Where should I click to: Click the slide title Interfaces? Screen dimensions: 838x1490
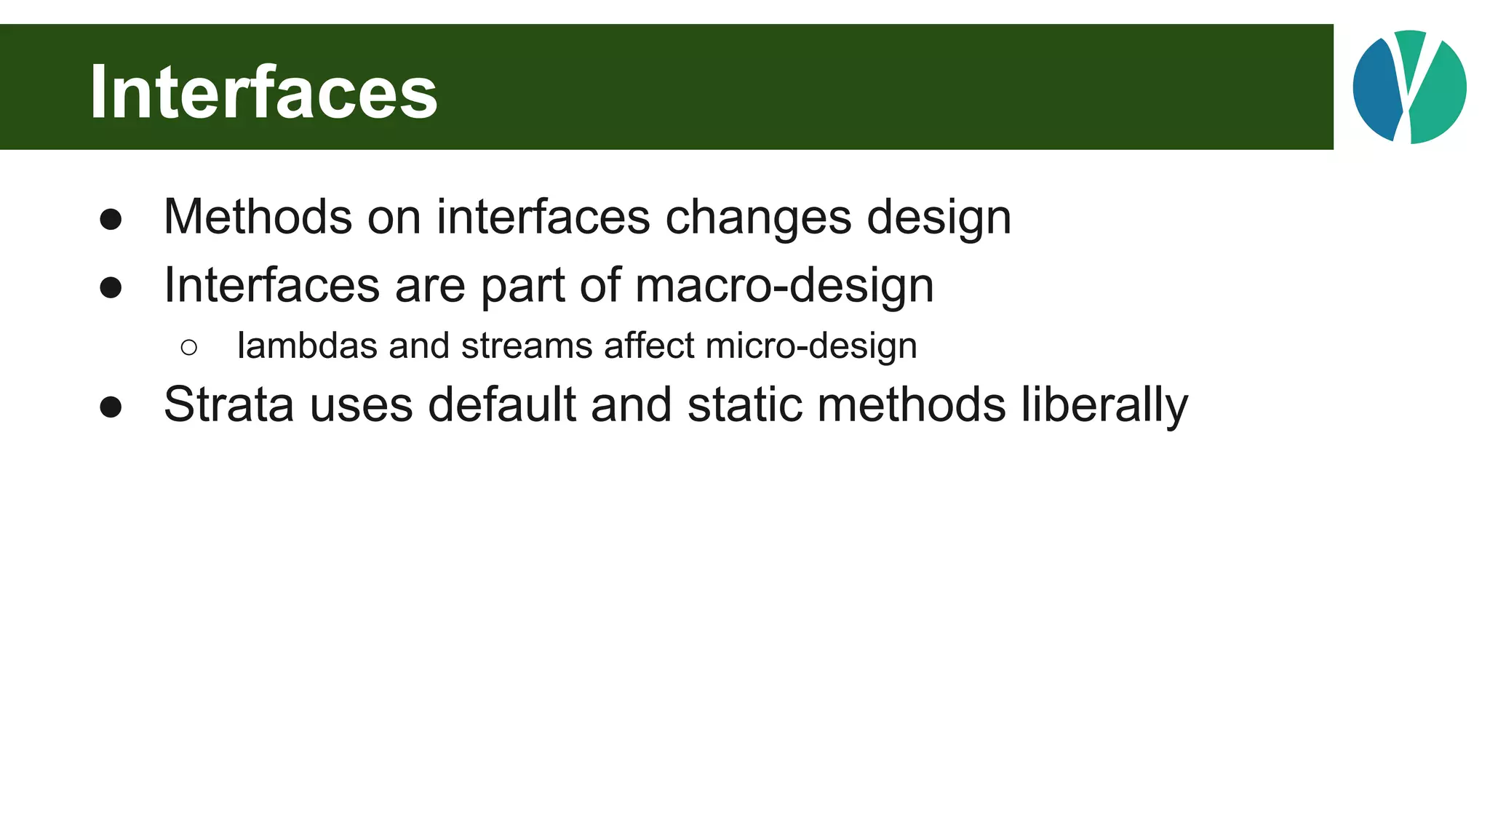[263, 92]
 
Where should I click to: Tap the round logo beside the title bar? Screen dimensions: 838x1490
[1409, 87]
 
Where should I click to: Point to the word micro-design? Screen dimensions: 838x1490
[811, 347]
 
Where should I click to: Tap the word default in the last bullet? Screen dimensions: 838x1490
[501, 404]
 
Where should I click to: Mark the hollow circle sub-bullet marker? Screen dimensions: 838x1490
[189, 348]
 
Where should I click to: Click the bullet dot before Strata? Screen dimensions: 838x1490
[111, 407]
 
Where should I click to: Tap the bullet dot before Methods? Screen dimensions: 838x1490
[111, 220]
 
